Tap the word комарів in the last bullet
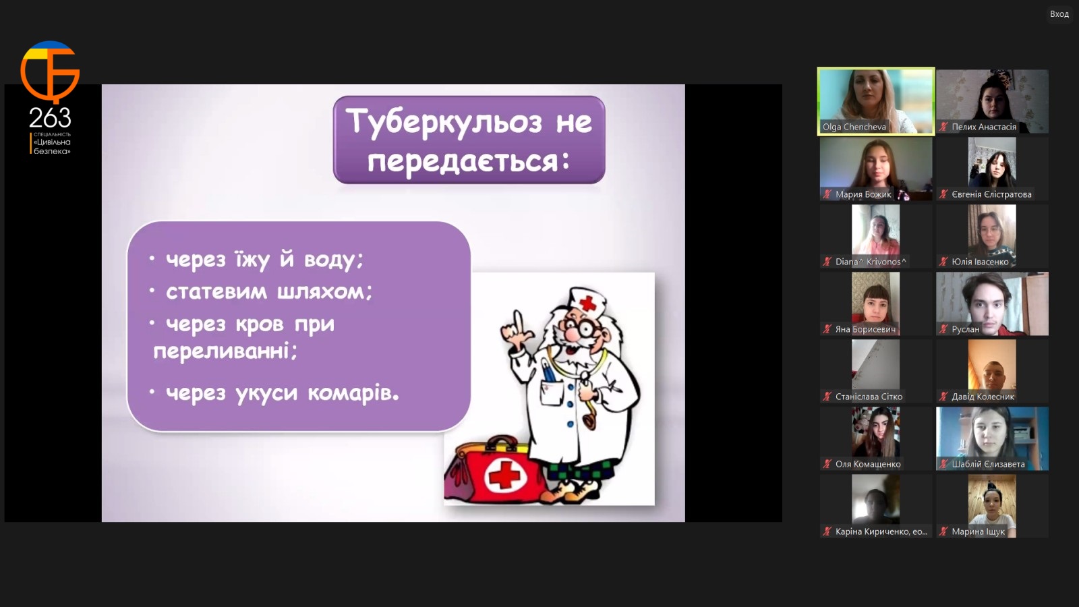353,393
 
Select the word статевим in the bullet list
216,291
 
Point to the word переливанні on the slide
225,351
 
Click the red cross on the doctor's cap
587,303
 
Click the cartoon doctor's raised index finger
518,320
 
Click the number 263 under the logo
50,118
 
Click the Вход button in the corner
1059,14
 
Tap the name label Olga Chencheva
854,127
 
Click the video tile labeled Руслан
992,303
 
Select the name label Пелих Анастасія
984,127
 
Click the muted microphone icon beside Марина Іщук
943,531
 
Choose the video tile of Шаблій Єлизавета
992,438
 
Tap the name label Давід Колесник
983,397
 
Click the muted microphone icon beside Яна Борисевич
827,329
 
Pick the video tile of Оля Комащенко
876,438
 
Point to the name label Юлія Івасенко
980,262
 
